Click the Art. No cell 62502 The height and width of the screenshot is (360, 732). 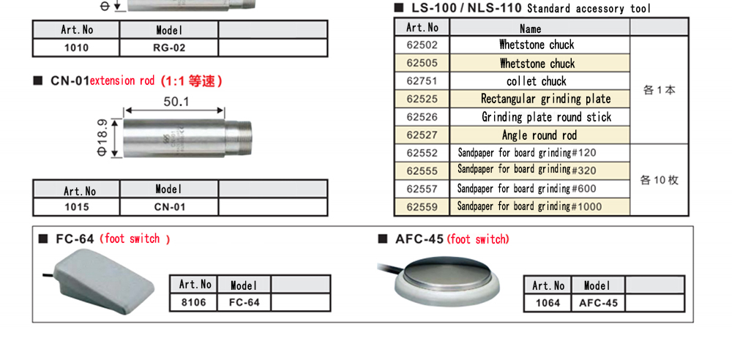[x=422, y=45]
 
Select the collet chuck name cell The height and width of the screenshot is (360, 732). [x=539, y=81]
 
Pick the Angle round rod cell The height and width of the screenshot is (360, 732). [x=539, y=135]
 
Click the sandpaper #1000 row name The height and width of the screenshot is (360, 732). [x=530, y=206]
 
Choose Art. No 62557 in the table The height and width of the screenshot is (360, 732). [x=422, y=189]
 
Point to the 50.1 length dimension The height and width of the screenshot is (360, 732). [x=176, y=102]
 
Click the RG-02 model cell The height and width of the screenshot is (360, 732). [x=169, y=48]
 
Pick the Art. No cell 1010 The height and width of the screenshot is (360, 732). [x=76, y=48]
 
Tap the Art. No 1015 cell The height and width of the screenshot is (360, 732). [x=76, y=207]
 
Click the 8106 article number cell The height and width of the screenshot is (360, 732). [x=194, y=302]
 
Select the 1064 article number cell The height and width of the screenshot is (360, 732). [x=548, y=303]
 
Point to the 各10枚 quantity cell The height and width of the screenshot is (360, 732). [x=659, y=180]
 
